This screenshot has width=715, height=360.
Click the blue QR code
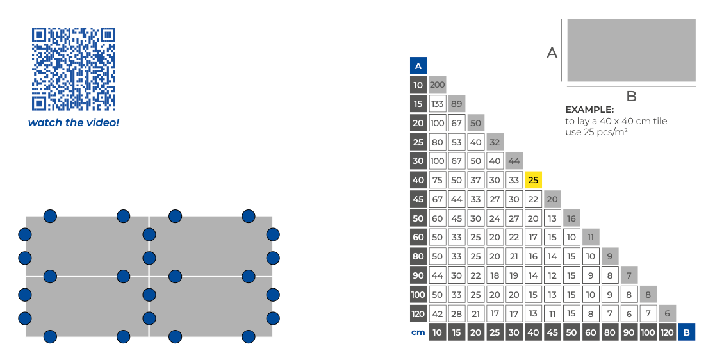point(73,69)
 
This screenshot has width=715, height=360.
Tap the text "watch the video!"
point(73,122)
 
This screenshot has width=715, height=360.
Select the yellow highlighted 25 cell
point(533,180)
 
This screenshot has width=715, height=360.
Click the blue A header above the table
point(418,65)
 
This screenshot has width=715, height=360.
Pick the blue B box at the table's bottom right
point(687,332)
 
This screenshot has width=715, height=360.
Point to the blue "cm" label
point(418,332)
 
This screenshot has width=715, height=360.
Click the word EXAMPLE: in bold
point(589,110)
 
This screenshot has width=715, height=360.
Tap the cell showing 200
point(438,85)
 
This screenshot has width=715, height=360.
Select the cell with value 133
point(438,104)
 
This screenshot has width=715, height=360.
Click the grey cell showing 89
point(457,104)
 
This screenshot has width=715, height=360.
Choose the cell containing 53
point(457,142)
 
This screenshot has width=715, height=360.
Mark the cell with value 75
point(438,180)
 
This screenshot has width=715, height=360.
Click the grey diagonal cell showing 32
point(495,142)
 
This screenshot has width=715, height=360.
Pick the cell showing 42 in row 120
point(438,314)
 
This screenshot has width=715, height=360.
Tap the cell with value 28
point(457,314)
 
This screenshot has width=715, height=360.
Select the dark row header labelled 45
point(418,199)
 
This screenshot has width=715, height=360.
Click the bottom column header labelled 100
point(648,332)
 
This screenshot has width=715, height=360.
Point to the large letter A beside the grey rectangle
point(552,53)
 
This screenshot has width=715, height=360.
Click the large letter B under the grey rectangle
point(631,97)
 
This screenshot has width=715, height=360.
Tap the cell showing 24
point(495,218)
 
